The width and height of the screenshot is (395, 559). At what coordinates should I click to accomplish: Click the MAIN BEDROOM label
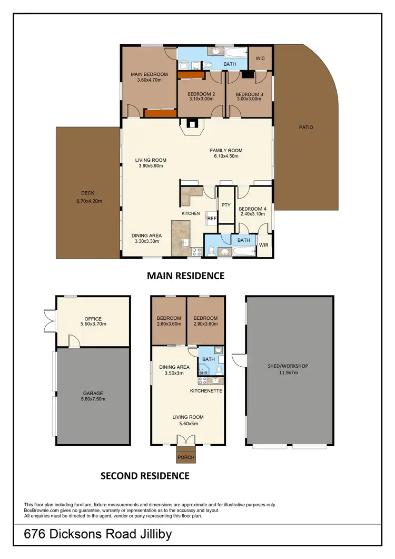(149, 74)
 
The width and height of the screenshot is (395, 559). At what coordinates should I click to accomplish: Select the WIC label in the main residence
(260, 58)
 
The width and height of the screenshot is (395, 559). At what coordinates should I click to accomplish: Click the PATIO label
(306, 127)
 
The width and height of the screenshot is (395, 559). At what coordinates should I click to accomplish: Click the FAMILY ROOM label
(226, 150)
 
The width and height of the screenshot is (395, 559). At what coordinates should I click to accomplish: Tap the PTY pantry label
(225, 204)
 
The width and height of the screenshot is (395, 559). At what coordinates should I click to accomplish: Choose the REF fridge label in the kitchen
(211, 218)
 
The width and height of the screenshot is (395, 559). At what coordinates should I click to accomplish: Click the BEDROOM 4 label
(253, 209)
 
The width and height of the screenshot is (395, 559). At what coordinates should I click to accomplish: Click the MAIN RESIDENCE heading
(185, 276)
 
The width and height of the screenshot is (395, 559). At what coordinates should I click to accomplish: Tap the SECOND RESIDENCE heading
(145, 476)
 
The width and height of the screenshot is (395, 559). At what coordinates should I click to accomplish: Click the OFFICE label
(93, 318)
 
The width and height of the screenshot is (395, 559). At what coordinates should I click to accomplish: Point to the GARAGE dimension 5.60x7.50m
(93, 399)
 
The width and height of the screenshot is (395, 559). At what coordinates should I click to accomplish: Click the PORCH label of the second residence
(185, 457)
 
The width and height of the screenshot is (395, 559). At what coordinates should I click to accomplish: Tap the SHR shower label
(202, 372)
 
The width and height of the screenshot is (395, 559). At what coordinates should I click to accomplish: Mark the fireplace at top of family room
(191, 125)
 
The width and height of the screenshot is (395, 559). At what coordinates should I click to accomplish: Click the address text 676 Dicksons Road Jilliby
(98, 535)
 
